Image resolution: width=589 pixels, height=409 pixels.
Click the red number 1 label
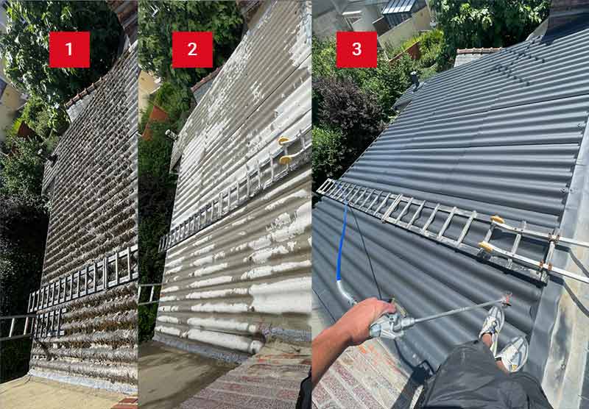click(x=69, y=49)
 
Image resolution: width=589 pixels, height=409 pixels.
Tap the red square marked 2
click(x=192, y=49)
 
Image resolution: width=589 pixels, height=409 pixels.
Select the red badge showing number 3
click(x=356, y=49)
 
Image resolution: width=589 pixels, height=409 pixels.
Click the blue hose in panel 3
click(x=342, y=240)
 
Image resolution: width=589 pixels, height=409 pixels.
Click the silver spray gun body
click(x=391, y=325)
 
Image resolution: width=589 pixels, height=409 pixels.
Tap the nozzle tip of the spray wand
click(x=507, y=299)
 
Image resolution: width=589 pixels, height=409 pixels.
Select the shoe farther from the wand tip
click(x=512, y=354)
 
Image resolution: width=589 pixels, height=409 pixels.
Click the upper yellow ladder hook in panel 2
click(x=283, y=141)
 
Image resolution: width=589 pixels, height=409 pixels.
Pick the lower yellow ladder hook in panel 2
click(x=286, y=159)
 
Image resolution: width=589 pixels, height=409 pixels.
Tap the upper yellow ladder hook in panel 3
click(x=498, y=219)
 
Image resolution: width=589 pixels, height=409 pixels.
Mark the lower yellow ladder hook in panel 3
click(x=486, y=246)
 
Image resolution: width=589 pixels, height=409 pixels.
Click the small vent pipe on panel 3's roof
click(x=415, y=80)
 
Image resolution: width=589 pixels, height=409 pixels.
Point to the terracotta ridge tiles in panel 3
click(x=480, y=50)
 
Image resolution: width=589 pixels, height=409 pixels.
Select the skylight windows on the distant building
click(x=399, y=7)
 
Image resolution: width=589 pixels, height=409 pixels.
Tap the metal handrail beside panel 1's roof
click(x=17, y=327)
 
